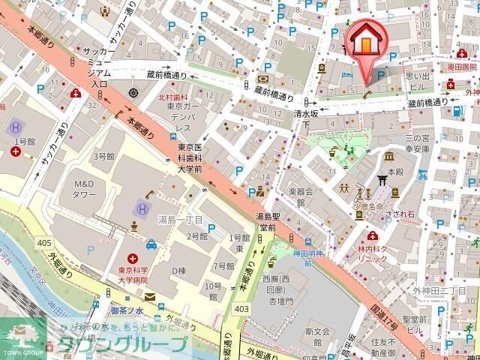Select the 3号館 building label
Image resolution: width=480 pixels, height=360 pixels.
[103, 156]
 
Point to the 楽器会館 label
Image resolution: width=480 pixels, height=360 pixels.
[289, 196]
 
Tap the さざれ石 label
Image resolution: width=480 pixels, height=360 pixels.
[400, 213]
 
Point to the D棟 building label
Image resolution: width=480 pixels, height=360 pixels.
[178, 270]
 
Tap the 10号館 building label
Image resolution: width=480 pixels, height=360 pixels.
[212, 291]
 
